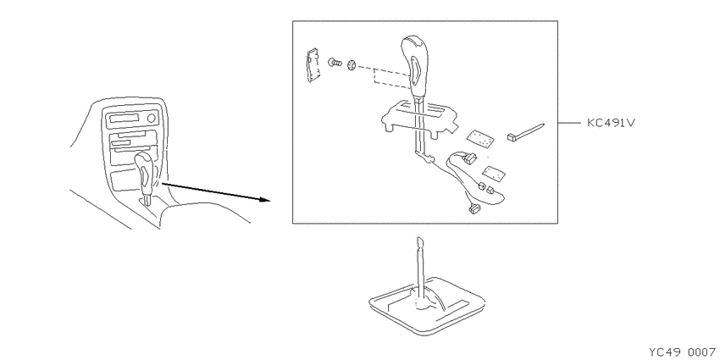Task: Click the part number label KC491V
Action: [x=611, y=123]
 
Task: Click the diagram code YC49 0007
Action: [x=684, y=352]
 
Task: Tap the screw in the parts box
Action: [x=335, y=62]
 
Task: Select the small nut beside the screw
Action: [x=352, y=65]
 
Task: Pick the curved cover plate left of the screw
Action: [x=313, y=64]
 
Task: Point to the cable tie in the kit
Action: [x=526, y=130]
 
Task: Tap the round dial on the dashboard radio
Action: [x=151, y=119]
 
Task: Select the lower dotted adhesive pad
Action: [x=494, y=173]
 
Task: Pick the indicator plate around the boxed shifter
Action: [x=419, y=116]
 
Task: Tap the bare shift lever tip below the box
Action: [x=418, y=241]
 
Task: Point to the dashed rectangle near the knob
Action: [x=390, y=77]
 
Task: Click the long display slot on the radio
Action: [x=124, y=119]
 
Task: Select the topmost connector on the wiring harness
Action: [x=469, y=158]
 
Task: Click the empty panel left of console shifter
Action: [x=122, y=180]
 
